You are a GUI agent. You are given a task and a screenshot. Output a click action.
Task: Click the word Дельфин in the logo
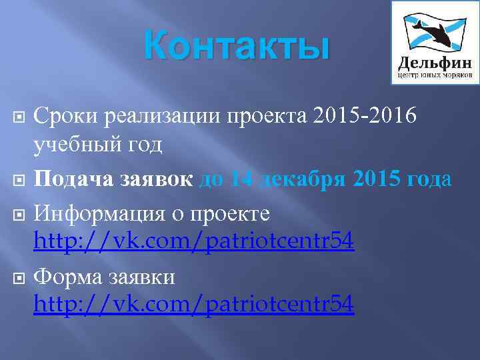tap(435, 63)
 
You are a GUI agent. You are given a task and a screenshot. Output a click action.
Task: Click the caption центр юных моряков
tap(435, 76)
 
